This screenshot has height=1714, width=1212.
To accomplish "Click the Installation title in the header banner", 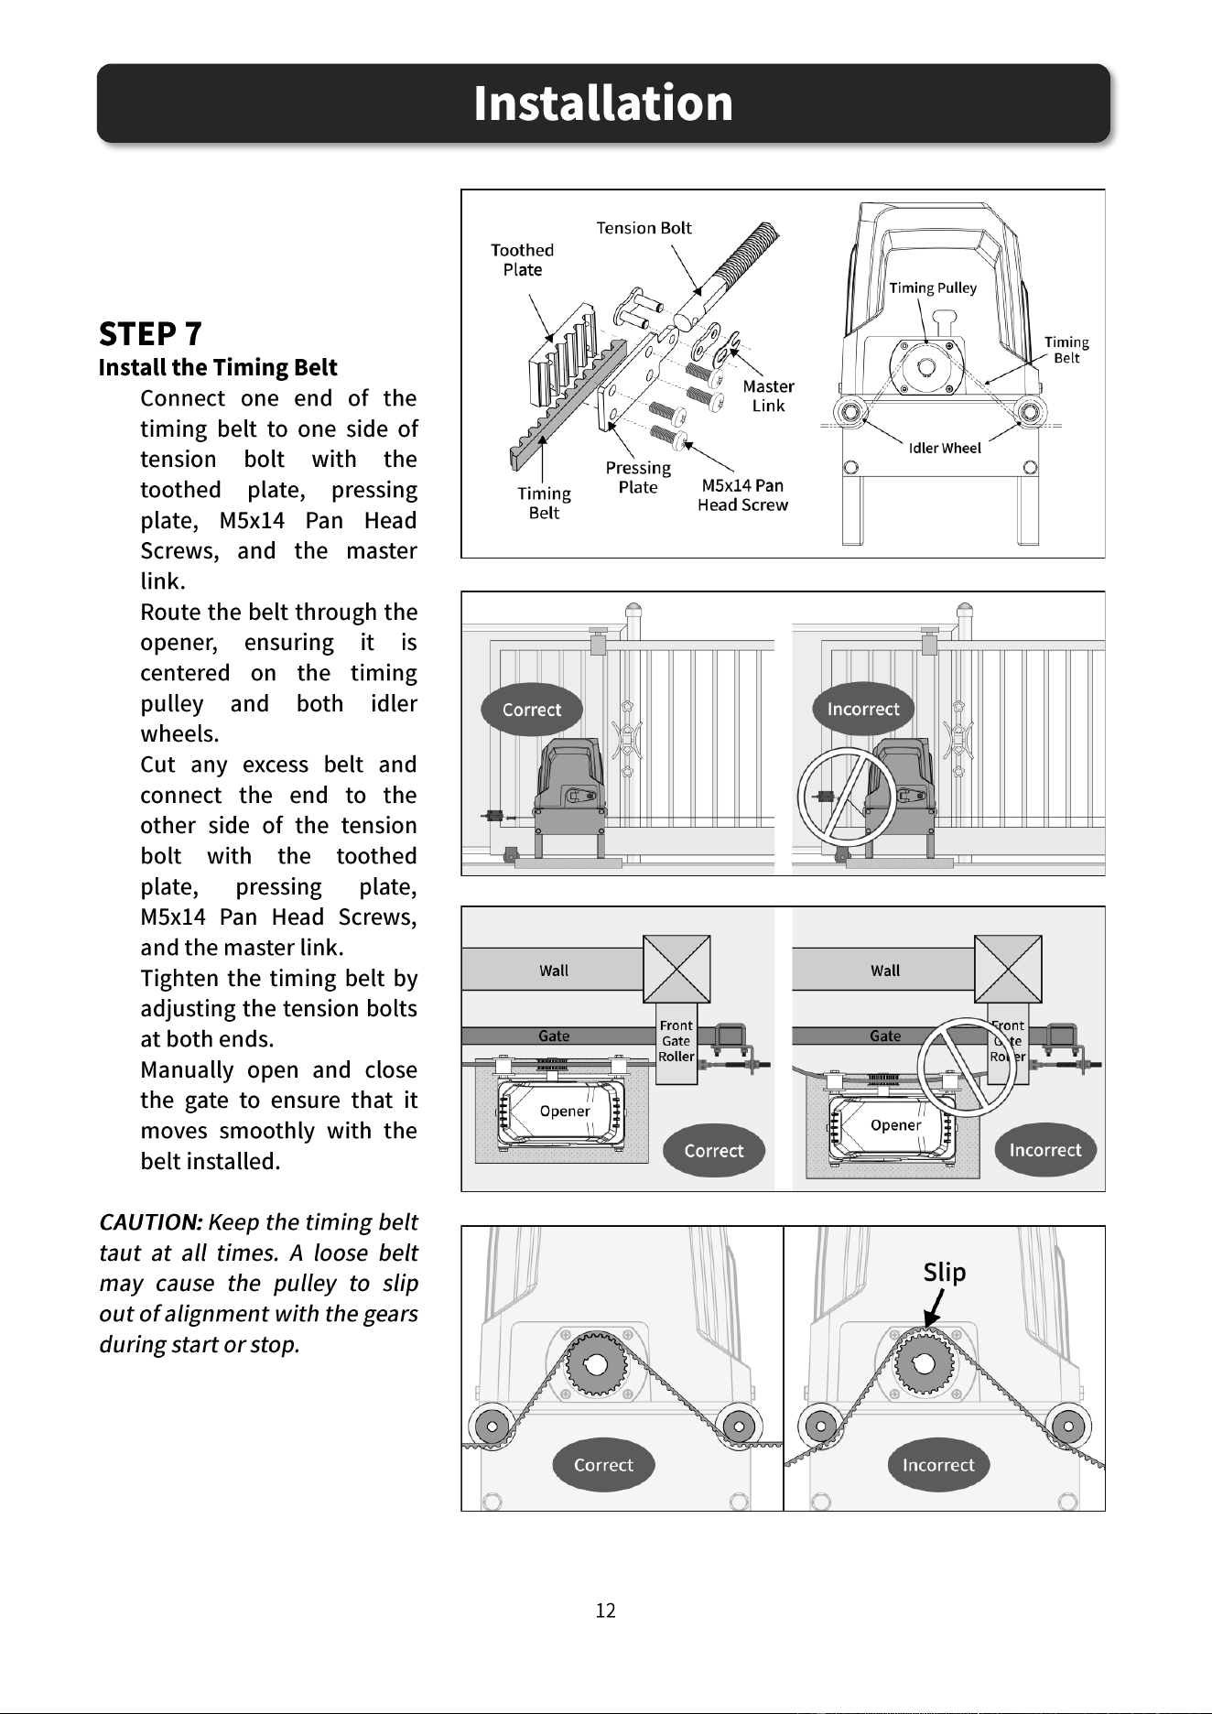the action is [603, 103].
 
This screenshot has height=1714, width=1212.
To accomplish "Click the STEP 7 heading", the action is [150, 334].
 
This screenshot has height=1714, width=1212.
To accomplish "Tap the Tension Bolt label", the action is [644, 228].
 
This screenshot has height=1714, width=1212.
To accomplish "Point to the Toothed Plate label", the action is [522, 260].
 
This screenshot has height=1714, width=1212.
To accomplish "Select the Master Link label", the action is [768, 396].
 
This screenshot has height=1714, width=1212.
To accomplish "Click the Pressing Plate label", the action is [638, 477].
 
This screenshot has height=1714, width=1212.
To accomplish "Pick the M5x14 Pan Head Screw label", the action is [742, 494].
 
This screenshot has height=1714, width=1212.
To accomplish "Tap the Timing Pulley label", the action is [933, 287].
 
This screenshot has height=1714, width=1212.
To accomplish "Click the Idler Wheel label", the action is [945, 448].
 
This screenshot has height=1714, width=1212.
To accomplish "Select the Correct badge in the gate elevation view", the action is [532, 710].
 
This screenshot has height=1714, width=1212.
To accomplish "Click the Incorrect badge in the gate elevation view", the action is [863, 709].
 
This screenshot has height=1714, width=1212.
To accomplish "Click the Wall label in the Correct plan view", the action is [554, 971].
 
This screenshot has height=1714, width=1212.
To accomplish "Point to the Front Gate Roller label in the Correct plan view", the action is [676, 1041].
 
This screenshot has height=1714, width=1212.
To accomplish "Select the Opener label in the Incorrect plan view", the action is [895, 1125].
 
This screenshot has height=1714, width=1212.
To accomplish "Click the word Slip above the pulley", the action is [945, 1273].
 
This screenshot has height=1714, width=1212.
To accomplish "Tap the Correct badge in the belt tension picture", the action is [603, 1465].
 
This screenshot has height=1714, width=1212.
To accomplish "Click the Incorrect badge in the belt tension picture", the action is [938, 1465].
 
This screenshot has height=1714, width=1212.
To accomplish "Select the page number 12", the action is [606, 1611].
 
